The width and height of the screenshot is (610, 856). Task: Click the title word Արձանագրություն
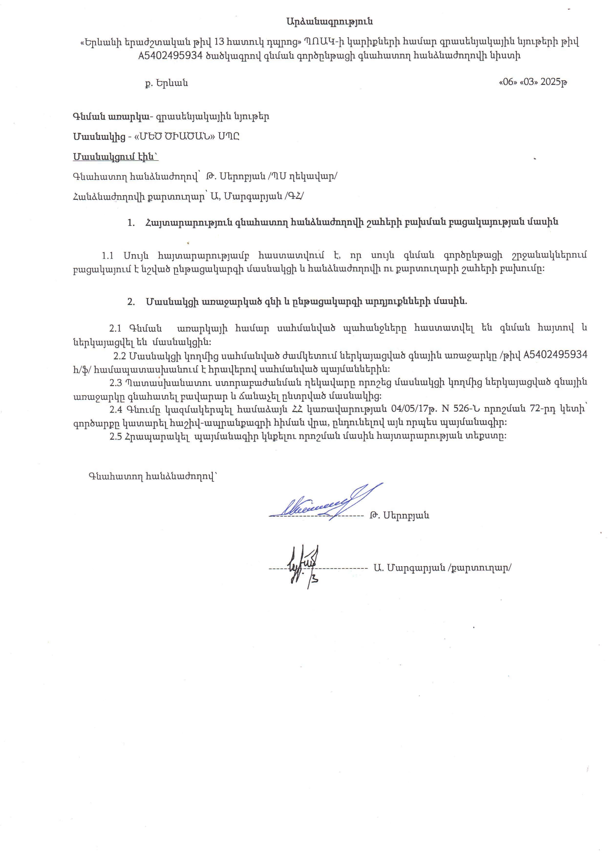pos(329,22)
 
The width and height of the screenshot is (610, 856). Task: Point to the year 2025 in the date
pos(550,82)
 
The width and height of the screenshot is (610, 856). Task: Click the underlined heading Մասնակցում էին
pos(115,157)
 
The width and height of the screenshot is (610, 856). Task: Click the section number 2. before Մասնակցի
pos(131,301)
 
